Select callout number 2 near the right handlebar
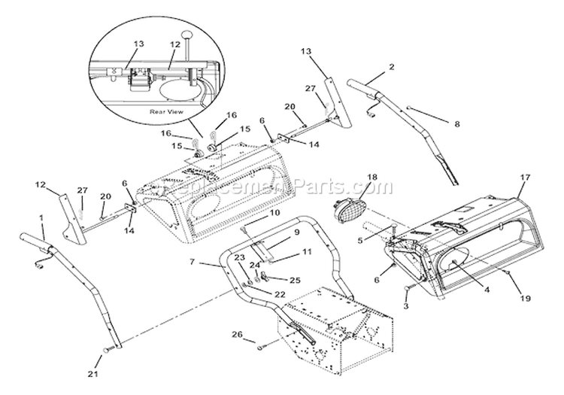[391, 67]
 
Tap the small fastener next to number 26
[259, 345]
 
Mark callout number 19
[526, 298]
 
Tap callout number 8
[456, 123]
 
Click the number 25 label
[294, 280]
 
